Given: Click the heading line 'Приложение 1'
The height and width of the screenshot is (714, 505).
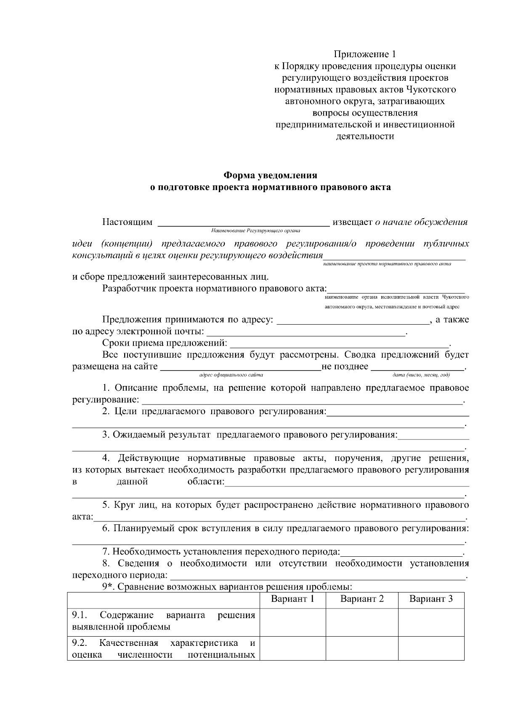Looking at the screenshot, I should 365,54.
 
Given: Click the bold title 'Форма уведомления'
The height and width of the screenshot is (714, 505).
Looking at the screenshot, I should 270,175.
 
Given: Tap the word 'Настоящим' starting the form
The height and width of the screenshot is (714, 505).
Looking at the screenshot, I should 127,222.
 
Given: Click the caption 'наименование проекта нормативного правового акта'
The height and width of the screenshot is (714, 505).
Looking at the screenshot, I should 387,264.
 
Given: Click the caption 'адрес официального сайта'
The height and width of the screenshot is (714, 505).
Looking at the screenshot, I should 231,374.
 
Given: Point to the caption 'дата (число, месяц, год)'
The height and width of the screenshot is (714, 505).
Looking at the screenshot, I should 421,374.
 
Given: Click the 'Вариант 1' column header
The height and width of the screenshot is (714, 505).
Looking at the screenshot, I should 292,599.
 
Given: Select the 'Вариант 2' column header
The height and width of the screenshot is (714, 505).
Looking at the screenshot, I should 362,599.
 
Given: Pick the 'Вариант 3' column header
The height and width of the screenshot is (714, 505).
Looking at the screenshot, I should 431,599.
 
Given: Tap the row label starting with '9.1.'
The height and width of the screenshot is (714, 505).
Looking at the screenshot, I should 163,621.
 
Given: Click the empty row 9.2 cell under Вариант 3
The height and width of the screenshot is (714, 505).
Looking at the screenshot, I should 431,649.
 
